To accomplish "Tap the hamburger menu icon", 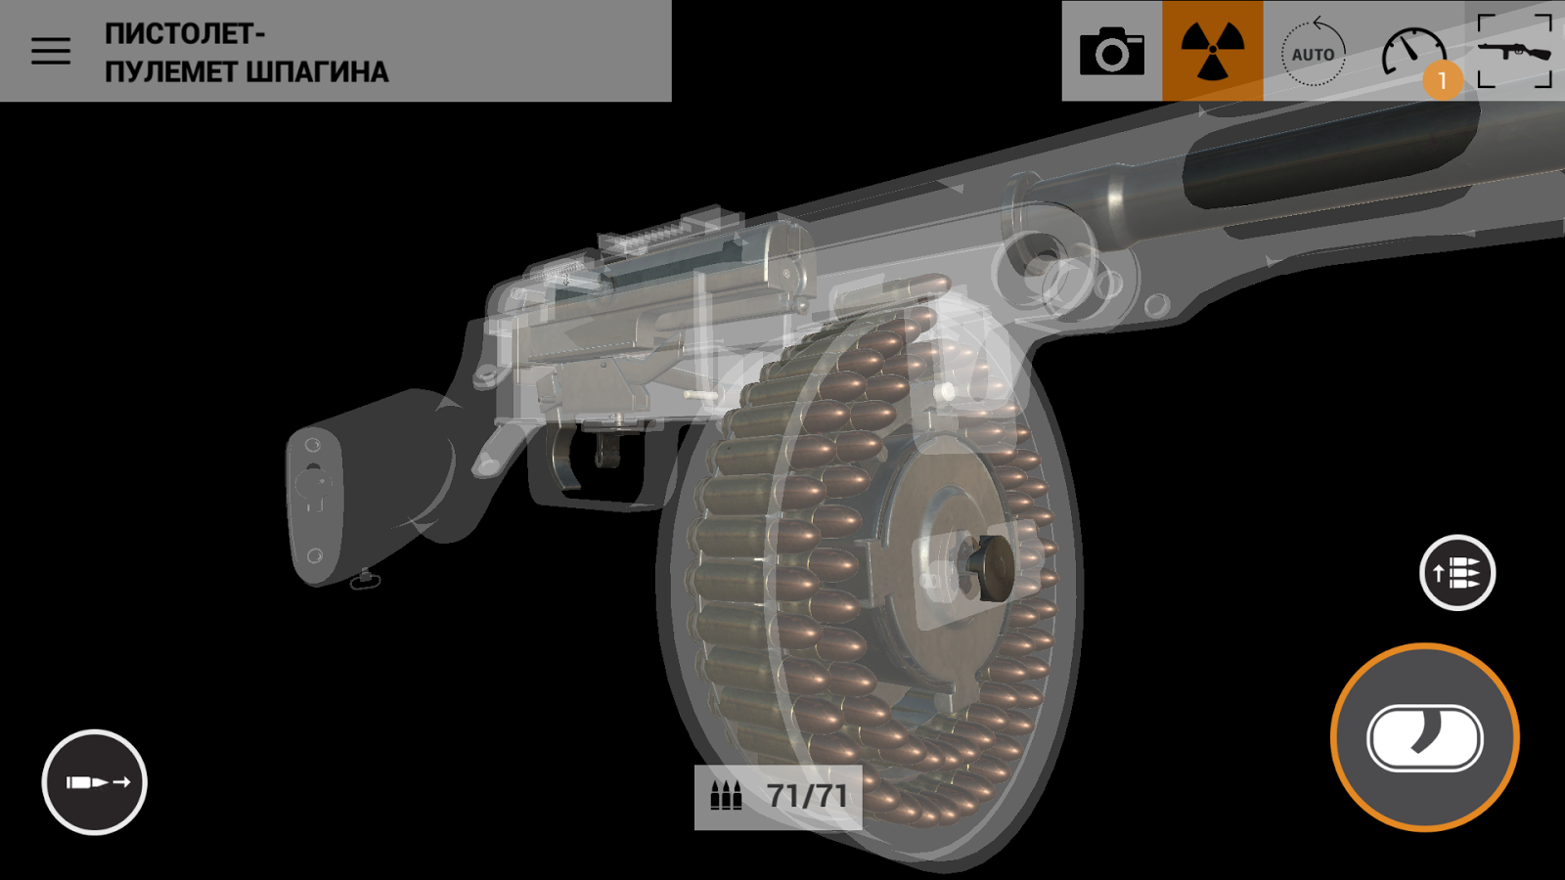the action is pyautogui.click(x=51, y=51).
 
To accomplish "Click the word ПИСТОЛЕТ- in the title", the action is pyautogui.click(x=185, y=34).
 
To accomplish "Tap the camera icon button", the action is pyautogui.click(x=1111, y=51).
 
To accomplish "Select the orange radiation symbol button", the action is pyautogui.click(x=1213, y=51).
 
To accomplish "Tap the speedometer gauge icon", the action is pyautogui.click(x=1413, y=50).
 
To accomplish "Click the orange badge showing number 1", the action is pyautogui.click(x=1442, y=81).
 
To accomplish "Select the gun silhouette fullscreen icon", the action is pyautogui.click(x=1515, y=51).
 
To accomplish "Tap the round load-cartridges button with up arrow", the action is pyautogui.click(x=1457, y=573).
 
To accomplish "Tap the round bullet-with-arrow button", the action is pyautogui.click(x=94, y=782).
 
